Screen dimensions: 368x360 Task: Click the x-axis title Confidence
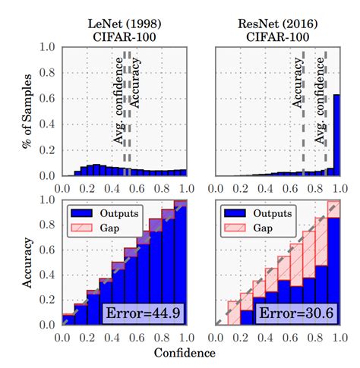tap(185, 353)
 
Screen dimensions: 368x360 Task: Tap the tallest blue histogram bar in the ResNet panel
tap(335, 134)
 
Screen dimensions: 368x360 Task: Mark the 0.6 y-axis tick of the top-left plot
tap(49, 99)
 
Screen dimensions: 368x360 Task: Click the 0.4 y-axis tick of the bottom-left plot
tap(49, 275)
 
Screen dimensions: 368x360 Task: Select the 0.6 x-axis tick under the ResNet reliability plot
tap(289, 336)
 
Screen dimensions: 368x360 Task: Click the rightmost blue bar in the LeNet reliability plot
tap(180, 266)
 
